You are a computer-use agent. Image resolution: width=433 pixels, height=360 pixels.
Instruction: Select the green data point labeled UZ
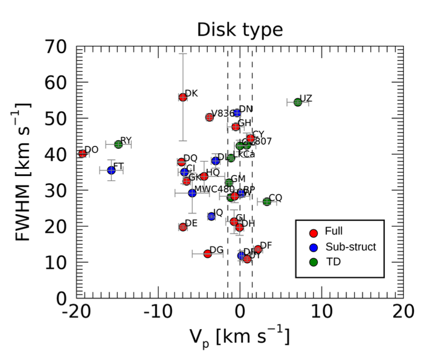[x=298, y=102]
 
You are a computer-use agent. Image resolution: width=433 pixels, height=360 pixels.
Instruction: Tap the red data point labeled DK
[x=183, y=97]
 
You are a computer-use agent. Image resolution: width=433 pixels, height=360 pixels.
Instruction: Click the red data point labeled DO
[x=83, y=154]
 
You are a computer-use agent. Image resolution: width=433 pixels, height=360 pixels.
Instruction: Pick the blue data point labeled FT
[x=111, y=170]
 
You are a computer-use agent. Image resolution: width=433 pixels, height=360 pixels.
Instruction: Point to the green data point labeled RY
[x=118, y=144]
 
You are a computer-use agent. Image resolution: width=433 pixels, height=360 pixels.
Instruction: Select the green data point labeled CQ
[x=267, y=201]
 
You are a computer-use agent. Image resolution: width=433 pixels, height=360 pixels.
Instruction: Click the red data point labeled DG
[x=208, y=253]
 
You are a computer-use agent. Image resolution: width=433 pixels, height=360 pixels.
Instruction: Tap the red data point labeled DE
[x=183, y=226]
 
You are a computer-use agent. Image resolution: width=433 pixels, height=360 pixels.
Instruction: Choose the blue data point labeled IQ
[x=212, y=216]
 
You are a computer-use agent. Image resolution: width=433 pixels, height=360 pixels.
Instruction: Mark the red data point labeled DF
[x=258, y=249]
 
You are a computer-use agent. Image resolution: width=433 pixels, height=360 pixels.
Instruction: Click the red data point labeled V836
[x=210, y=117]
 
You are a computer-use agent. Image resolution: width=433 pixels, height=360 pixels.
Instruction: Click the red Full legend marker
[x=314, y=231]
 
